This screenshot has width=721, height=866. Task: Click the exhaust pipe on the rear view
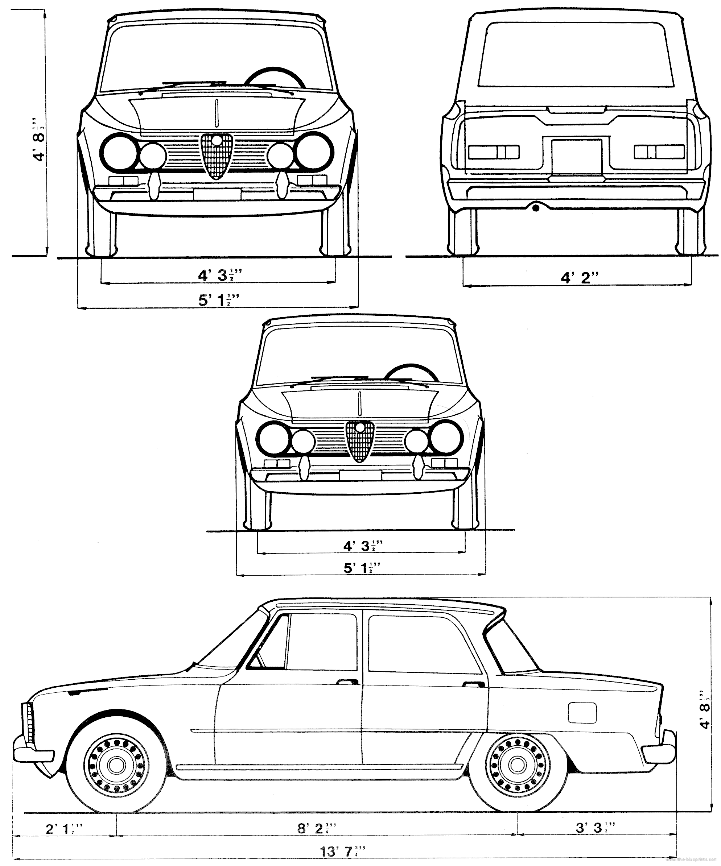[x=535, y=208]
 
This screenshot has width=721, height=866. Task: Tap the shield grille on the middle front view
[x=360, y=441]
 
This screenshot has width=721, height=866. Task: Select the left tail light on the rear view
[x=494, y=152]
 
